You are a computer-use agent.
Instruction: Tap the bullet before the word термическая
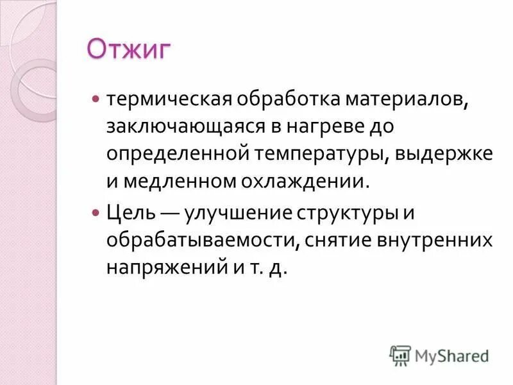[96, 100]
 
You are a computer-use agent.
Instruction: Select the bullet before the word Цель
[96, 211]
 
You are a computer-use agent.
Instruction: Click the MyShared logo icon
[400, 355]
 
